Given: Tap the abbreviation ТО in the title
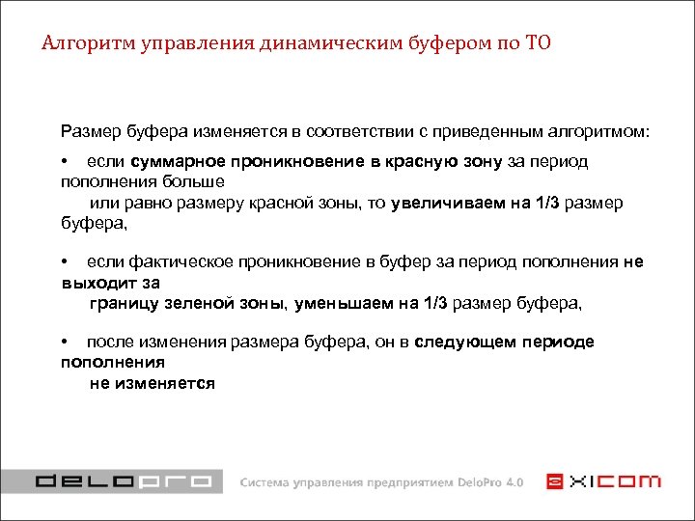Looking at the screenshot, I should click(540, 43).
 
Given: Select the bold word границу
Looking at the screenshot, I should click(125, 304).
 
